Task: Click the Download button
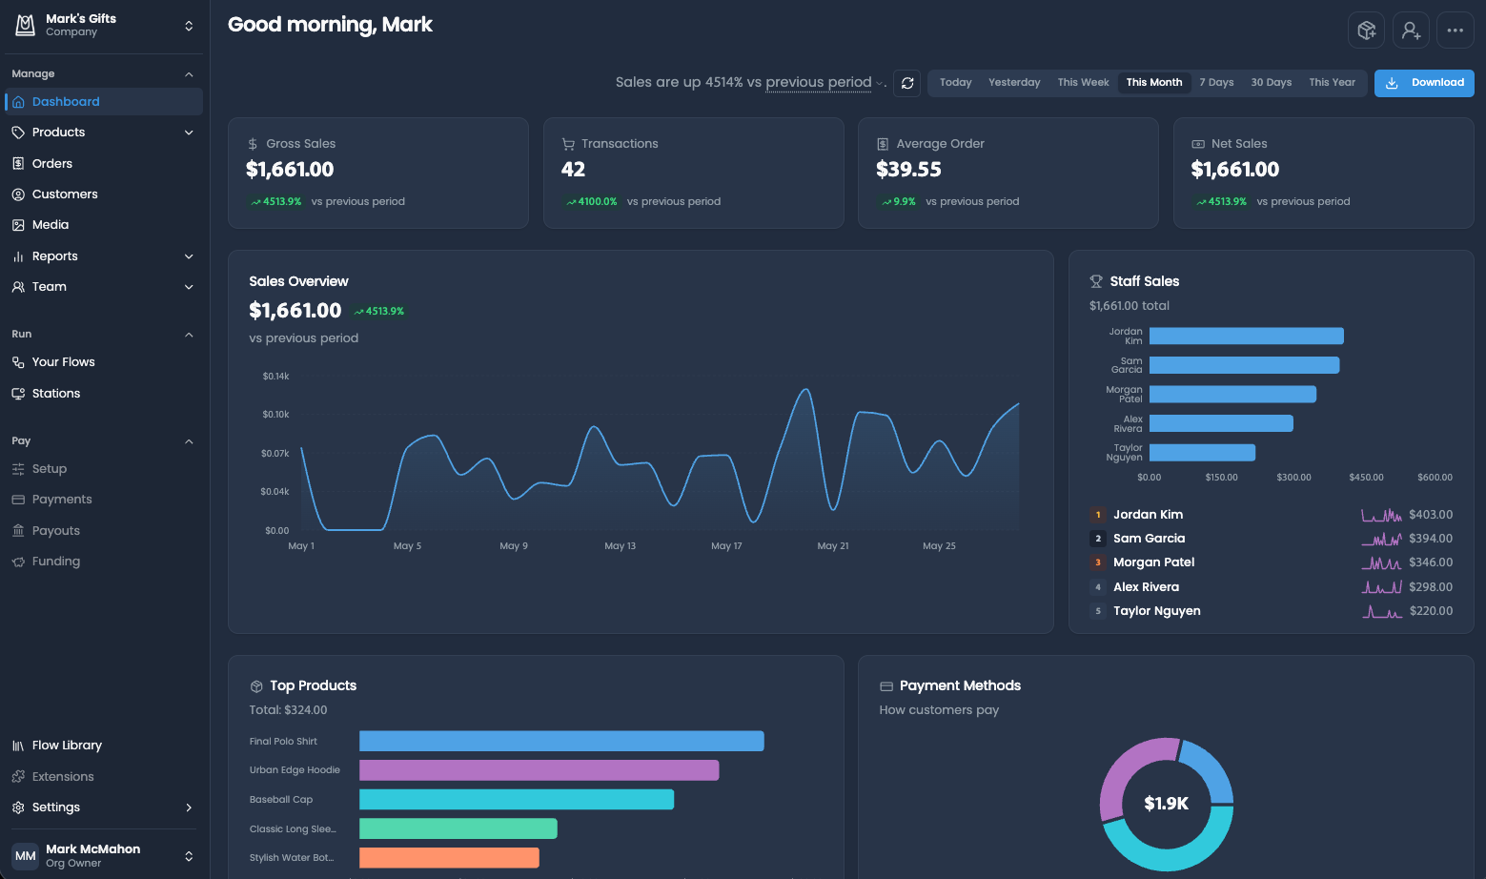click(1424, 83)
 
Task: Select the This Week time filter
click(1083, 83)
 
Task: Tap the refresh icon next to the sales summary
click(906, 84)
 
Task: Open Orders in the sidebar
click(51, 163)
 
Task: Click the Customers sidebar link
click(65, 194)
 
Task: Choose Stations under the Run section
click(55, 394)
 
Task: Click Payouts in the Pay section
click(55, 531)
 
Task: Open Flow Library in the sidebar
click(67, 745)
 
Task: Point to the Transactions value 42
click(573, 170)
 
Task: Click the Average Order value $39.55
click(908, 170)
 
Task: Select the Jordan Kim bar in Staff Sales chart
click(1247, 337)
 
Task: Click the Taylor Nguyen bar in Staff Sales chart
click(1202, 453)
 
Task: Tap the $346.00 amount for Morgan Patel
click(1431, 562)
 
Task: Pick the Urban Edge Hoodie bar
click(539, 770)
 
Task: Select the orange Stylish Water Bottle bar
click(449, 858)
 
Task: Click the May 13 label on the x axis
click(620, 546)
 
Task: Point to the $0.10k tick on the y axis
click(275, 415)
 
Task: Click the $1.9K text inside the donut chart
click(1167, 804)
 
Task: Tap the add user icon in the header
click(1411, 30)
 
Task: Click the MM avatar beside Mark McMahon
click(25, 856)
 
